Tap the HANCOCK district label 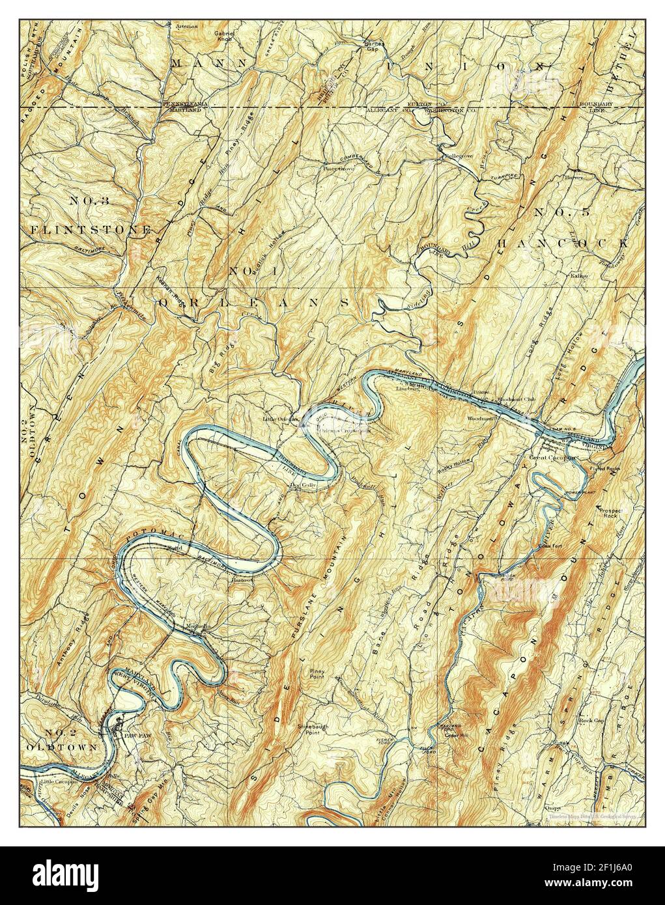[x=562, y=242]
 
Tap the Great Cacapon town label [x=551, y=457]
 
